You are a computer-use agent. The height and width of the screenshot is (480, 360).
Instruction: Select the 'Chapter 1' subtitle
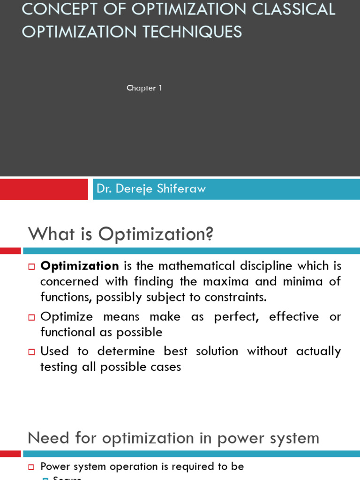[144, 88]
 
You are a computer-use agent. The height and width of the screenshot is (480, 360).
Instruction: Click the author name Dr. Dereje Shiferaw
[151, 189]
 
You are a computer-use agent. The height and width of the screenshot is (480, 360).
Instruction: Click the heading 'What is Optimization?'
[121, 234]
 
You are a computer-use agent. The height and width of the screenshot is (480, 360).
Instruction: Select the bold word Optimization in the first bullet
[80, 266]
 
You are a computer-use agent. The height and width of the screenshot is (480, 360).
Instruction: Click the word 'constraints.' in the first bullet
[230, 297]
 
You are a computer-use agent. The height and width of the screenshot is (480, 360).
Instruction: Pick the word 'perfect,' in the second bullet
[236, 316]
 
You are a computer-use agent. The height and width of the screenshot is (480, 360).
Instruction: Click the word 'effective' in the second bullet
[294, 316]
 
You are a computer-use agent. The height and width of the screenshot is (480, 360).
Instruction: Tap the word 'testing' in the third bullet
[58, 367]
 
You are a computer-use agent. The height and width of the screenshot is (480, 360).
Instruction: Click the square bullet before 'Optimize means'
[32, 317]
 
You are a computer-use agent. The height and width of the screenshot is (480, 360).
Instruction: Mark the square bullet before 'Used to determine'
[32, 352]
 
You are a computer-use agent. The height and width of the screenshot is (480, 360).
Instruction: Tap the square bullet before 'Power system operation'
[32, 467]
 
